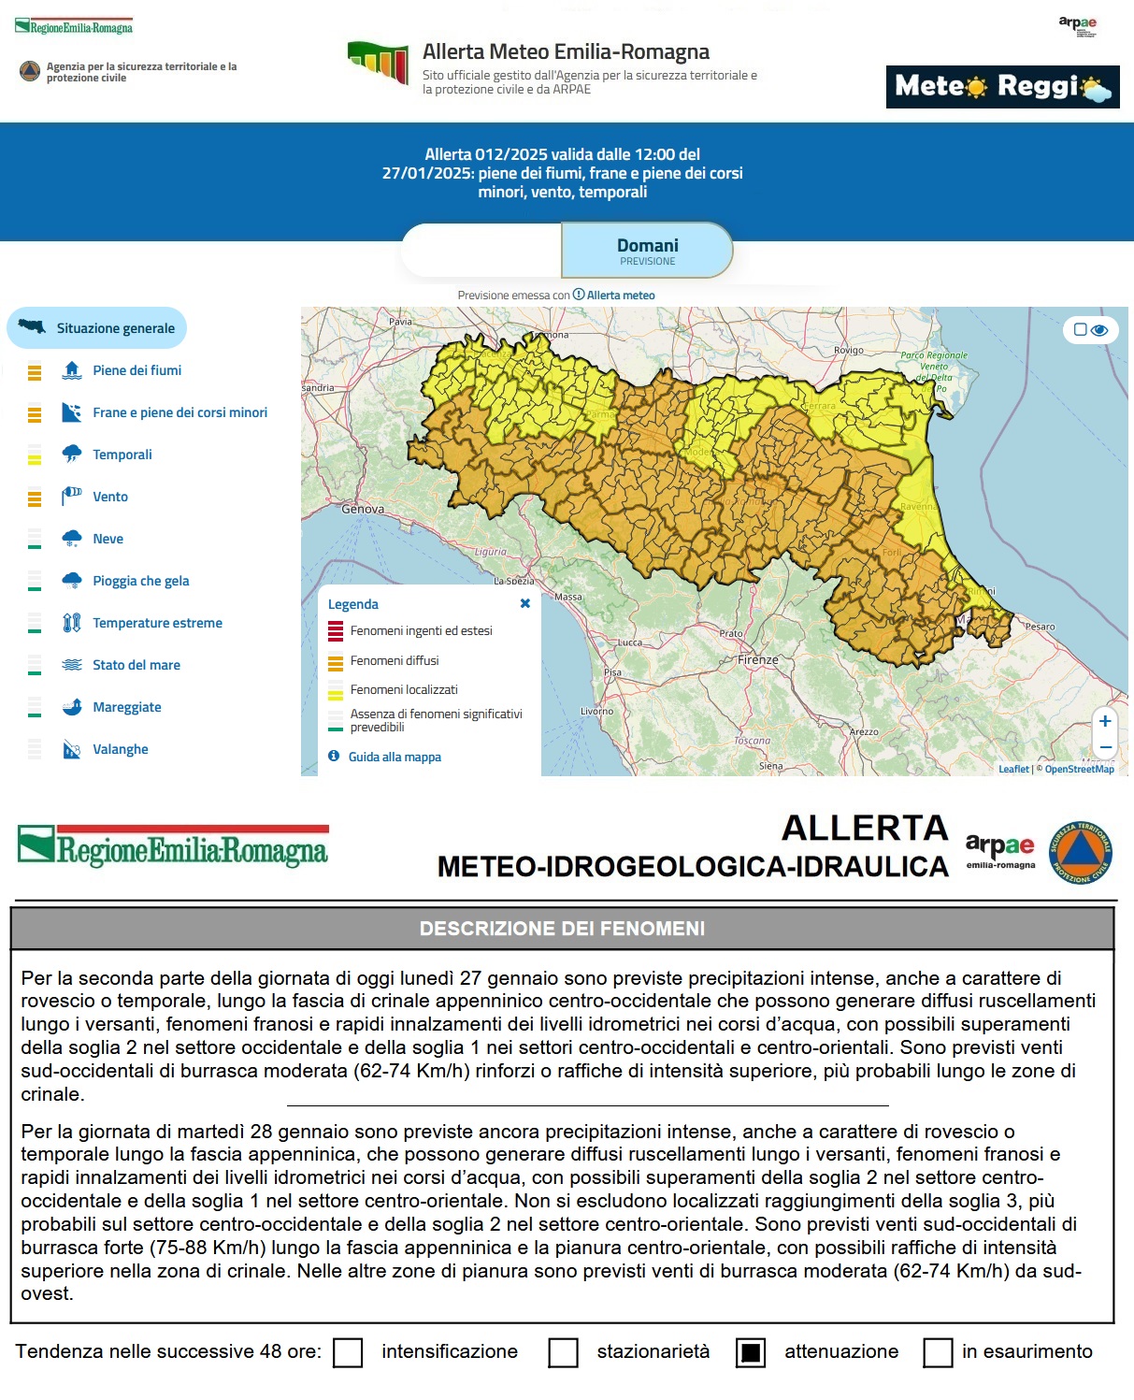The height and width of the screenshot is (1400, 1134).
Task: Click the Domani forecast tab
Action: point(647,251)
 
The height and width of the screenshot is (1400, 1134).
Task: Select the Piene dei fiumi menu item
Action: point(136,370)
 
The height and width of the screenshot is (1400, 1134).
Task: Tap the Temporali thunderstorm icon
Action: point(72,455)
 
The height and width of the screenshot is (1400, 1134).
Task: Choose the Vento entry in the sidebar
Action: point(110,497)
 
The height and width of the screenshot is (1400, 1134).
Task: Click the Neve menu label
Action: point(108,539)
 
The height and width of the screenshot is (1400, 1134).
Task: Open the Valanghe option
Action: point(120,749)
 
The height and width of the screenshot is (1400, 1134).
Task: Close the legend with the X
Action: point(525,604)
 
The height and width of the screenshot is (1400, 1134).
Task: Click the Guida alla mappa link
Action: point(395,757)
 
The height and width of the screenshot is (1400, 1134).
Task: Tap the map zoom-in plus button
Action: point(1105,721)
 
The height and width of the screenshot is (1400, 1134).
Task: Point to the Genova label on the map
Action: point(363,510)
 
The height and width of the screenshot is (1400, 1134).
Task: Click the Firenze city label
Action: point(758,659)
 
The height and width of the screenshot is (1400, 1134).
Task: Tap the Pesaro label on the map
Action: point(1040,627)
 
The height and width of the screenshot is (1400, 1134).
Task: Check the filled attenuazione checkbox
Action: point(751,1352)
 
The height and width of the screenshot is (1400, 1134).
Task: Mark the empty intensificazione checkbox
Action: point(348,1352)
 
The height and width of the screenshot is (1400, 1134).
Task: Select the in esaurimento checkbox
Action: point(938,1352)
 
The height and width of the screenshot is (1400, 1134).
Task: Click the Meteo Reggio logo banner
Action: point(1002,87)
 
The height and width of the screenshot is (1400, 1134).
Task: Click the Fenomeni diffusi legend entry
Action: point(394,660)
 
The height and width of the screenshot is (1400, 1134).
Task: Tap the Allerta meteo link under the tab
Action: point(620,296)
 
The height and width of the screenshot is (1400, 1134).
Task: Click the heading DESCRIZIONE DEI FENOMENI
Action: point(562,929)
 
